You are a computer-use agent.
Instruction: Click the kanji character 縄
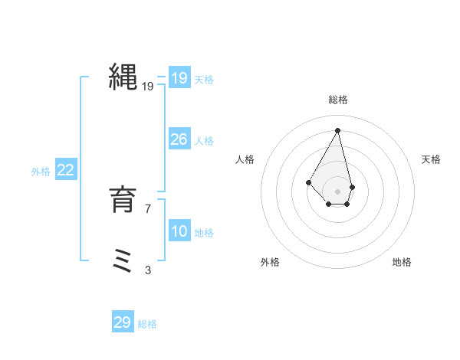tap(123, 79)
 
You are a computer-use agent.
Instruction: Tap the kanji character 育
tap(123, 201)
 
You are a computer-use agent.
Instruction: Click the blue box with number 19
tap(179, 79)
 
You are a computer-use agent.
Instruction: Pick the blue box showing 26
tap(179, 140)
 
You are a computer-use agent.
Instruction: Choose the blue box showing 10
tap(179, 232)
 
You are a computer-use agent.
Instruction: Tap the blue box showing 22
tap(65, 171)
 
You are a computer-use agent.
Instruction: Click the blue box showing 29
tap(122, 322)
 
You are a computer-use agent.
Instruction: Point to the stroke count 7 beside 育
tap(148, 208)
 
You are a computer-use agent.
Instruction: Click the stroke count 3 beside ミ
tap(148, 270)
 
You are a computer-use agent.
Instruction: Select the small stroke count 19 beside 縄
tap(148, 87)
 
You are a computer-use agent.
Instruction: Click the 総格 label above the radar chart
tap(338, 100)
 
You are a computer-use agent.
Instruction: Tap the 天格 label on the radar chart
tap(431, 159)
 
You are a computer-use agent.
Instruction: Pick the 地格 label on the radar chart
tap(402, 262)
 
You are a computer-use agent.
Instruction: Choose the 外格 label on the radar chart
tap(270, 262)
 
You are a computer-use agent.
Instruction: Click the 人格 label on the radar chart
tap(245, 159)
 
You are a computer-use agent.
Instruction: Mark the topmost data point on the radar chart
tap(338, 129)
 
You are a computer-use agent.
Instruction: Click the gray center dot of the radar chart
tap(338, 191)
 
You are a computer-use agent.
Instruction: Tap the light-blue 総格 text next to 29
tap(147, 324)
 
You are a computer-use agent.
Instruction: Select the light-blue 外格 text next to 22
tap(41, 172)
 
